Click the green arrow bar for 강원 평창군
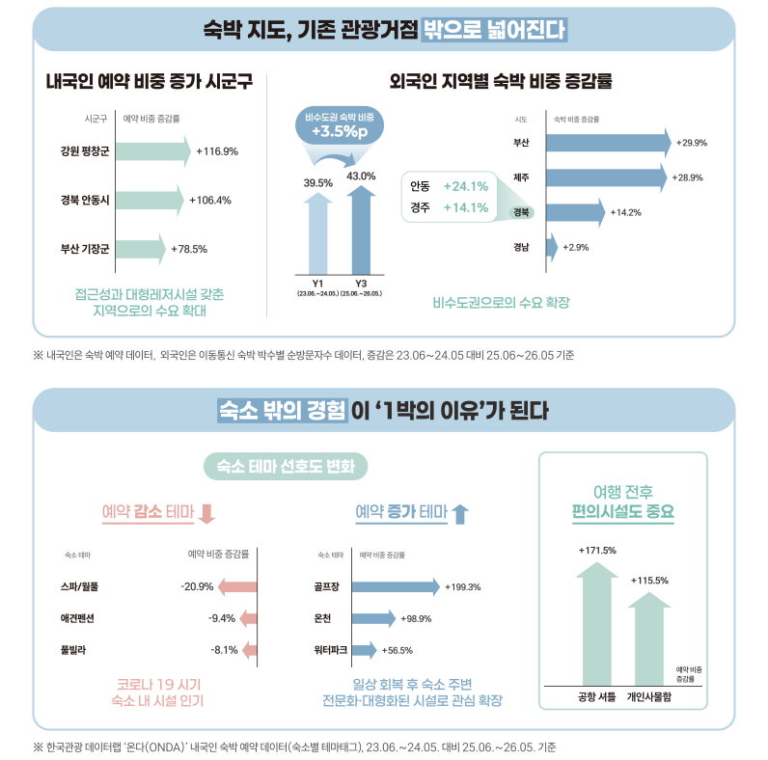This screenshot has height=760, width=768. [x=153, y=151]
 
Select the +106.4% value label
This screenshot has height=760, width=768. [x=210, y=201]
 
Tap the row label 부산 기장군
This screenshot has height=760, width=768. [x=85, y=249]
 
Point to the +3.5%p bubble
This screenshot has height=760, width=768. [x=340, y=125]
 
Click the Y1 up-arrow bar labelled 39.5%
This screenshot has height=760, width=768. [x=317, y=233]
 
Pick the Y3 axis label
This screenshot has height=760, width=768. [x=361, y=284]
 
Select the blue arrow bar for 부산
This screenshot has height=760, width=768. [x=609, y=143]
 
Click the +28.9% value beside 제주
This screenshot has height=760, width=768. [x=687, y=177]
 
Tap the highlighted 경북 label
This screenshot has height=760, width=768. [x=521, y=212]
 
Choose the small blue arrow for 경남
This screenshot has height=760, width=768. [x=552, y=247]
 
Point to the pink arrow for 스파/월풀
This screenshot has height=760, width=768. [x=237, y=586]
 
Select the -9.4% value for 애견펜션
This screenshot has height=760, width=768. [x=222, y=618]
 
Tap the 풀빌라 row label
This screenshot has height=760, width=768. [x=73, y=650]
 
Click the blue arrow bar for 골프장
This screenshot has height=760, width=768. [x=396, y=586]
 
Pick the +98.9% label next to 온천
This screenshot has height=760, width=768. [x=416, y=619]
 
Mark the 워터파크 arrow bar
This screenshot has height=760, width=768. [x=365, y=650]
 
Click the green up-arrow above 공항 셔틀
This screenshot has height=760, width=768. [x=596, y=624]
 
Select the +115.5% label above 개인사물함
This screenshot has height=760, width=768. [x=649, y=581]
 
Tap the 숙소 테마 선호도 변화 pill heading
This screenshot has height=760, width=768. [x=286, y=466]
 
